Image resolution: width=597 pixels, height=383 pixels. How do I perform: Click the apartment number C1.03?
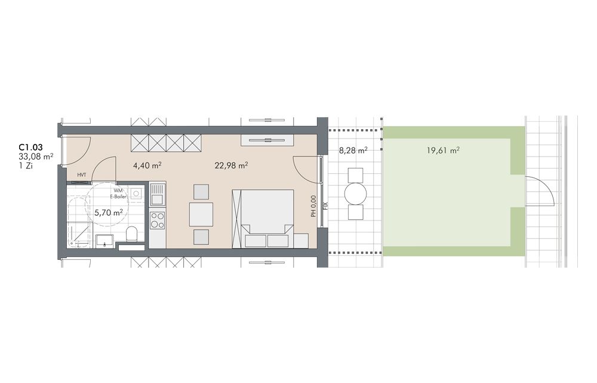click(x=30, y=147)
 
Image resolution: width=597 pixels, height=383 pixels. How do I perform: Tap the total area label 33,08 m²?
click(x=36, y=156)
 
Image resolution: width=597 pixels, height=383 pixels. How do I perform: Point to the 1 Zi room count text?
click(x=26, y=166)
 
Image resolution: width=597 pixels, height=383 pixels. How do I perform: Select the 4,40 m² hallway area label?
click(x=147, y=166)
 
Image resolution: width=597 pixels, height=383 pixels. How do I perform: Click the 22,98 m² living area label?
click(x=232, y=166)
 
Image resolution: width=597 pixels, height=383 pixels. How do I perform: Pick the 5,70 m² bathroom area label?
click(x=109, y=212)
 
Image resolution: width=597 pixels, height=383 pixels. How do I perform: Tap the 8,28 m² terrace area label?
click(x=353, y=150)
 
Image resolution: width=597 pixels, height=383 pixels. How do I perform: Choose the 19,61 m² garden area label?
click(x=443, y=150)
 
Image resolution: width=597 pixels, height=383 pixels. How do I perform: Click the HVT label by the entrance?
click(x=81, y=175)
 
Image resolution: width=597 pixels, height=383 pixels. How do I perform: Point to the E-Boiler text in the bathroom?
click(x=118, y=197)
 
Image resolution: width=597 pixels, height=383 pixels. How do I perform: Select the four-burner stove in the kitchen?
click(x=157, y=220)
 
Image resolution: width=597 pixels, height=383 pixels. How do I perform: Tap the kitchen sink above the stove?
click(x=157, y=195)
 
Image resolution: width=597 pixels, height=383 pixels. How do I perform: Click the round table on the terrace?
click(x=355, y=194)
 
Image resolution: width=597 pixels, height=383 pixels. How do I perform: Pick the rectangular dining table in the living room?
click(x=201, y=214)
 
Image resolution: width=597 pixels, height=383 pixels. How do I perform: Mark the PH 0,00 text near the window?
click(x=313, y=206)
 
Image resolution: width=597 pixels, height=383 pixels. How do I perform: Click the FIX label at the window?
click(x=325, y=206)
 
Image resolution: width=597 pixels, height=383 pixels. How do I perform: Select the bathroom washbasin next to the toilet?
click(x=103, y=241)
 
